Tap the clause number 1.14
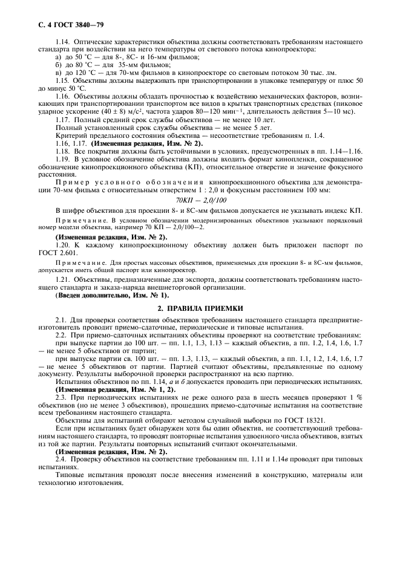(63, 41)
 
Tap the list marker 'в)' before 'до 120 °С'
(59, 73)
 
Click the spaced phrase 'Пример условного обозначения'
(130, 181)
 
